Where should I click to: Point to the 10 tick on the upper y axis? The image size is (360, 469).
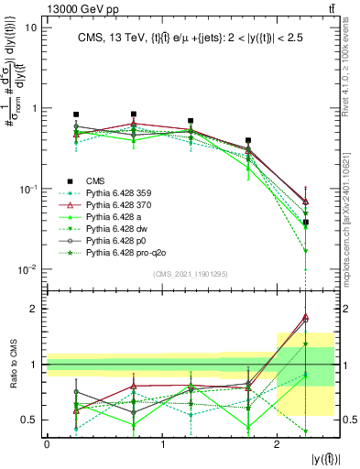tap(31, 27)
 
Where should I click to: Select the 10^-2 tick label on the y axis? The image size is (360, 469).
tap(27, 269)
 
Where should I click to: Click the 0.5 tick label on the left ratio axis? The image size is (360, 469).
tap(29, 420)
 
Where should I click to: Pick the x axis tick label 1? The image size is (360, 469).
tap(162, 445)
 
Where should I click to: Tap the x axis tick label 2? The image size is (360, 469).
tap(278, 445)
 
